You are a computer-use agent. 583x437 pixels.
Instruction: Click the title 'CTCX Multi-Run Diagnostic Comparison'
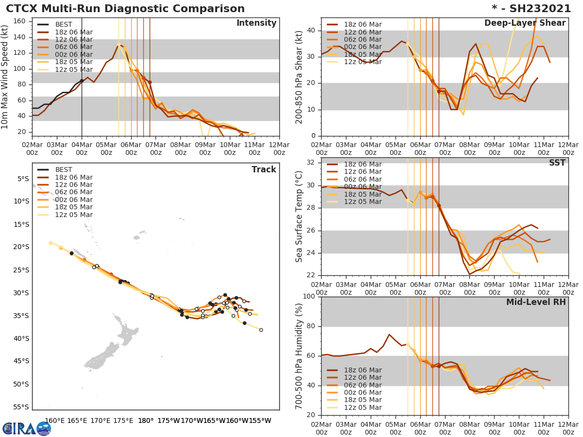[125, 9]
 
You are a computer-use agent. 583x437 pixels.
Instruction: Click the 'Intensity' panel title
[256, 23]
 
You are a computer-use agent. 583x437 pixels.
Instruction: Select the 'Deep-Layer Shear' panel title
[525, 23]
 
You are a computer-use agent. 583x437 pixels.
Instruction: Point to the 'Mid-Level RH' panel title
[536, 303]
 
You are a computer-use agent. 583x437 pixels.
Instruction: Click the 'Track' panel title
[264, 169]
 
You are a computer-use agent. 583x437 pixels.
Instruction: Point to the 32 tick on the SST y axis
[312, 162]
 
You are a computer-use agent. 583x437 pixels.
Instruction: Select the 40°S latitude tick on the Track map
[22, 338]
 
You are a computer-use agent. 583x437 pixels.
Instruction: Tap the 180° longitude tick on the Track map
[145, 420]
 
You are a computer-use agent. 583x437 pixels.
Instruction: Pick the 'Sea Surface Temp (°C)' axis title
[299, 217]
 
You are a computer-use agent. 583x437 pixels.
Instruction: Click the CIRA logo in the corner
[27, 428]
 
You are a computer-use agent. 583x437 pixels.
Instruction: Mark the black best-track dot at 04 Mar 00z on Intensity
[82, 81]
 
